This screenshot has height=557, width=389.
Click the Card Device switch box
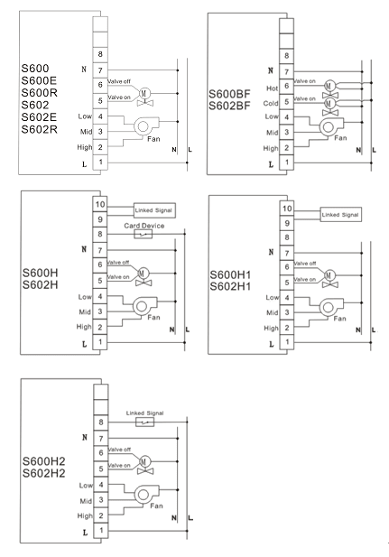(x=144, y=234)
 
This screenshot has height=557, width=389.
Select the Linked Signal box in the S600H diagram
(x=154, y=210)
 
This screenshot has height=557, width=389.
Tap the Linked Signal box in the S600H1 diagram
(x=340, y=215)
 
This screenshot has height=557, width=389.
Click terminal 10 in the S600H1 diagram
(x=287, y=209)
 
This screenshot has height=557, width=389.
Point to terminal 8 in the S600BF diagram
(x=286, y=56)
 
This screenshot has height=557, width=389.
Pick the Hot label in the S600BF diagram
(x=273, y=88)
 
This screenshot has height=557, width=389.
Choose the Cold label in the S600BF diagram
(x=271, y=103)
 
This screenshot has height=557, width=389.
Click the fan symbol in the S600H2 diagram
(x=145, y=494)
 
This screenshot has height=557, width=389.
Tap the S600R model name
(x=39, y=93)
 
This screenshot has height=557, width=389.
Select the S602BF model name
(x=229, y=106)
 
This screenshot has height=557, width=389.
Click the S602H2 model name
(x=43, y=473)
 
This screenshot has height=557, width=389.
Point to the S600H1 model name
(x=230, y=274)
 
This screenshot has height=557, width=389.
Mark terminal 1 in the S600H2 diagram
(x=101, y=530)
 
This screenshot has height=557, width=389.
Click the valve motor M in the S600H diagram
(x=143, y=274)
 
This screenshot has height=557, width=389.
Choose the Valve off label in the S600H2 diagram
(x=119, y=450)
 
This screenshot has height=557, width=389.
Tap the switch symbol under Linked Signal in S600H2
(x=145, y=422)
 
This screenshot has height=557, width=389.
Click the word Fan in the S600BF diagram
(x=340, y=138)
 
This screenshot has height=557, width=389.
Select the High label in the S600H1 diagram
(x=271, y=329)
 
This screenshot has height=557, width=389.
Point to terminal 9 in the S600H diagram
(x=100, y=219)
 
